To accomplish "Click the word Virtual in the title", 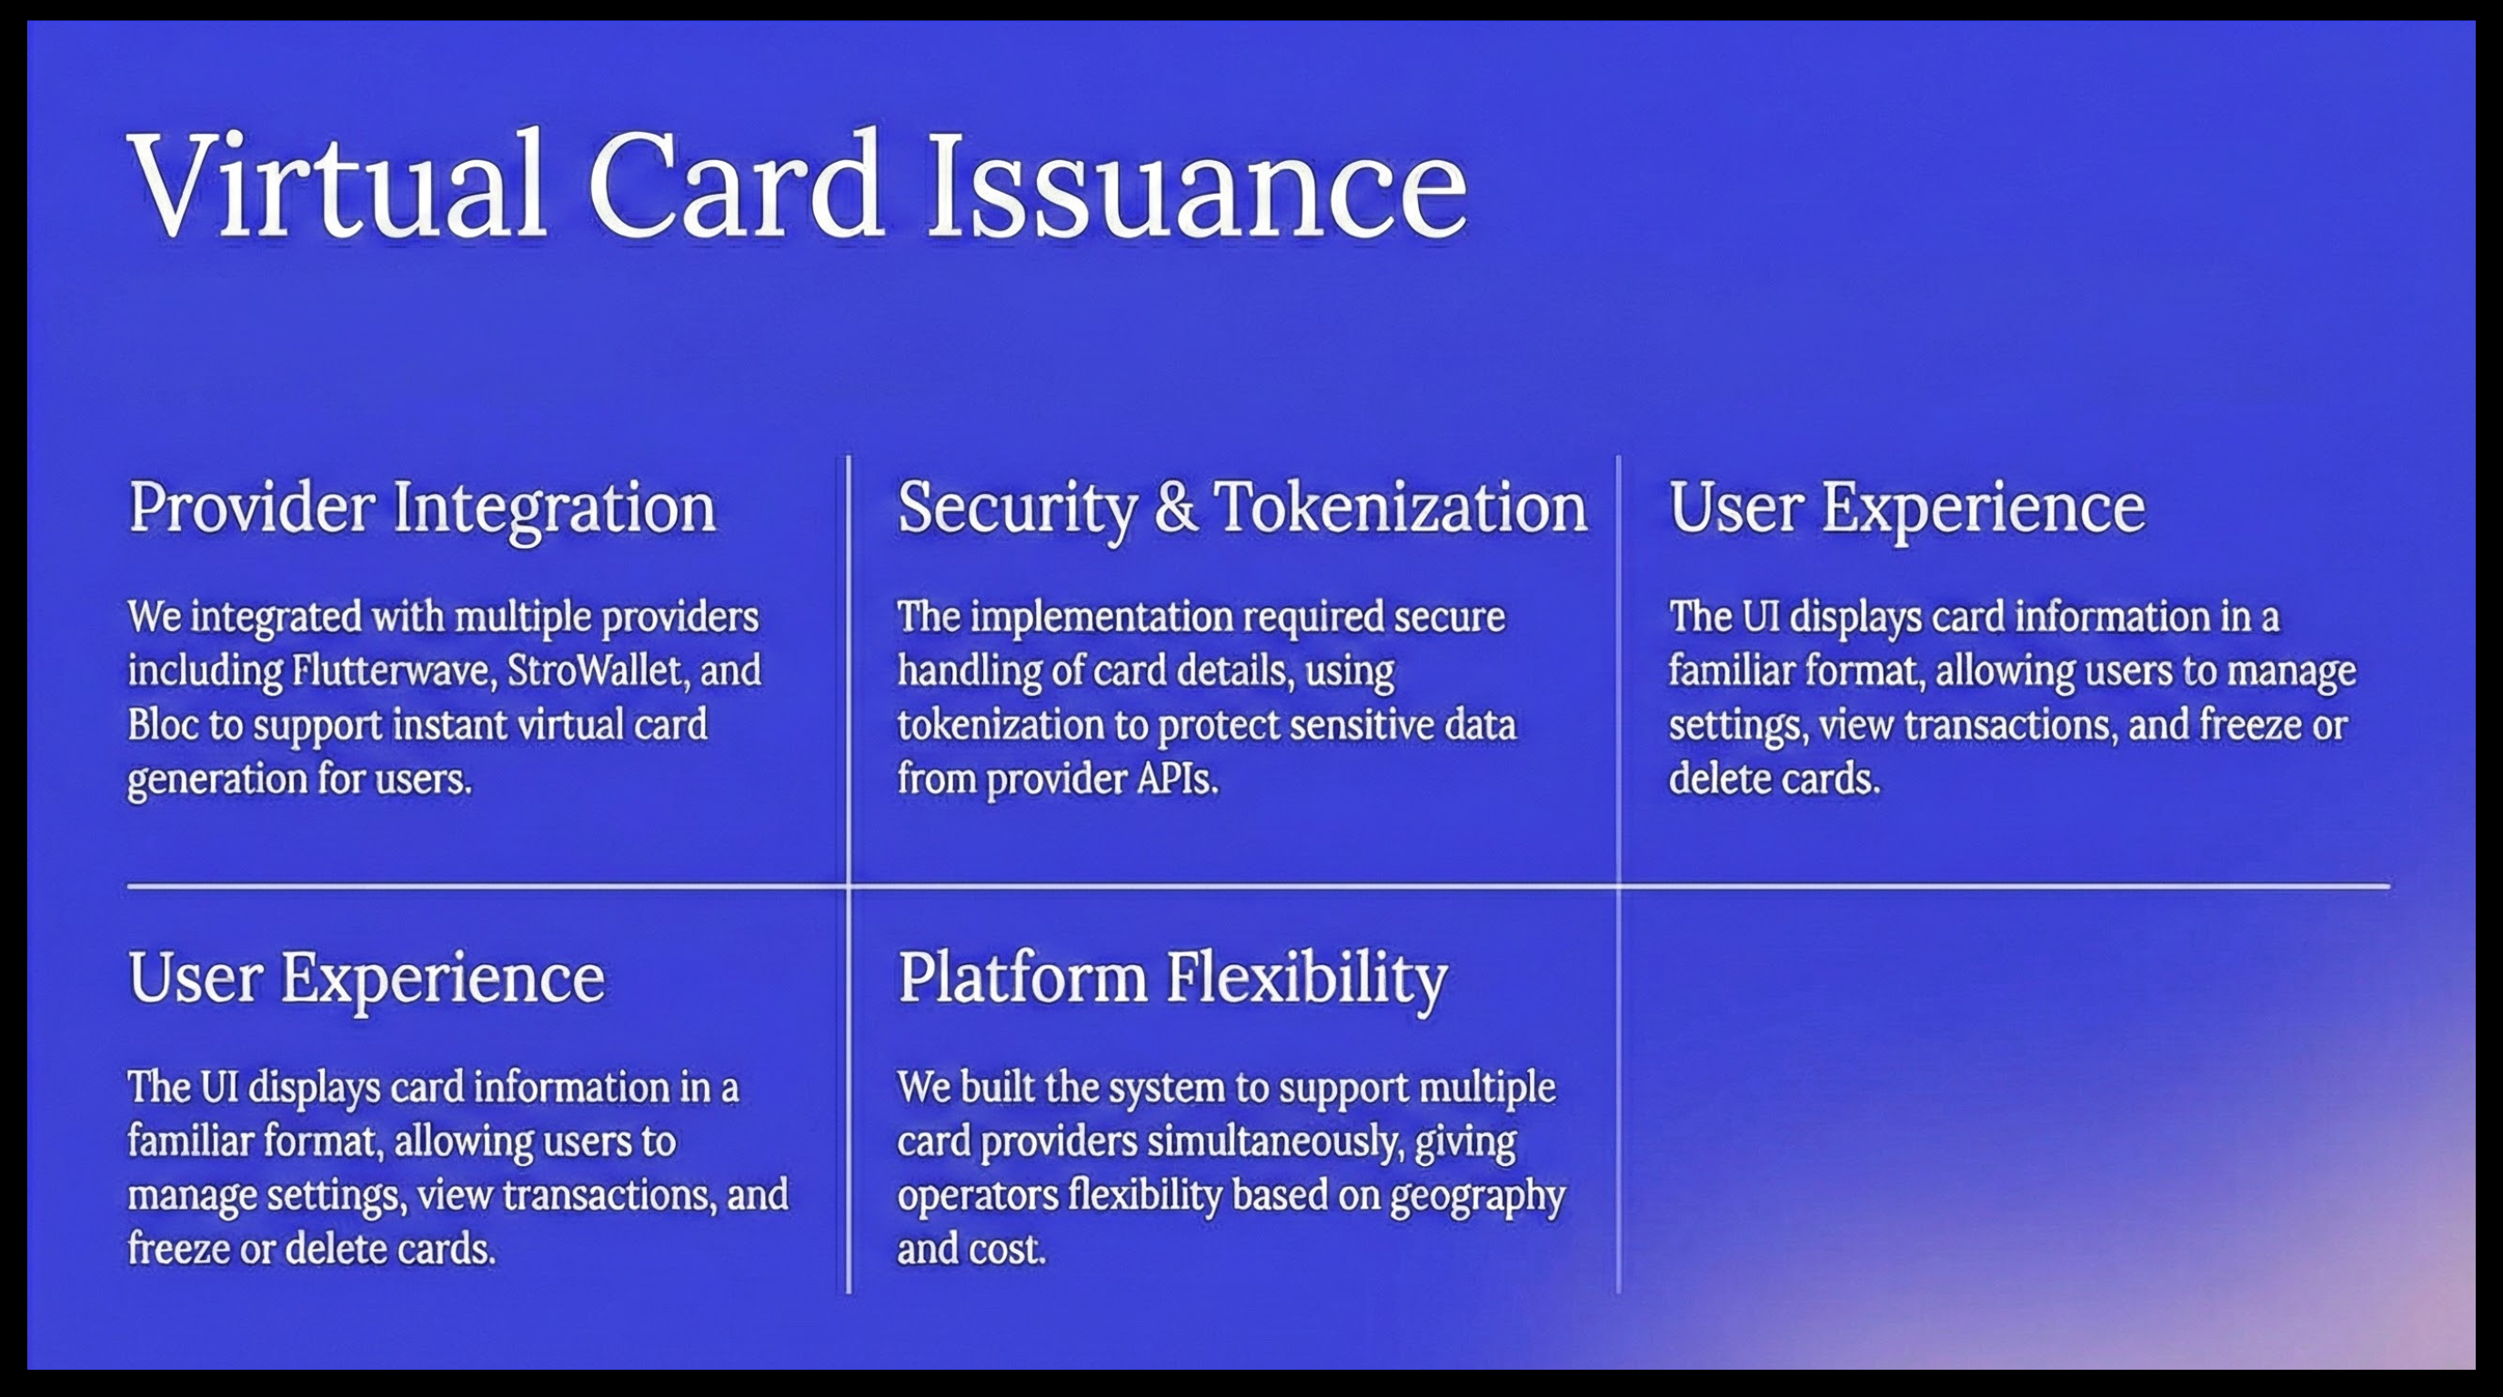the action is [x=337, y=185].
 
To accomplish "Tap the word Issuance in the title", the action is [x=1198, y=185].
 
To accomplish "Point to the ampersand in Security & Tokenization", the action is [x=1176, y=508].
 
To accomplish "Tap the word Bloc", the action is [x=163, y=725].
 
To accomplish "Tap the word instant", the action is [x=452, y=725].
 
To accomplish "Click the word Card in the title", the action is [x=736, y=185].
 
